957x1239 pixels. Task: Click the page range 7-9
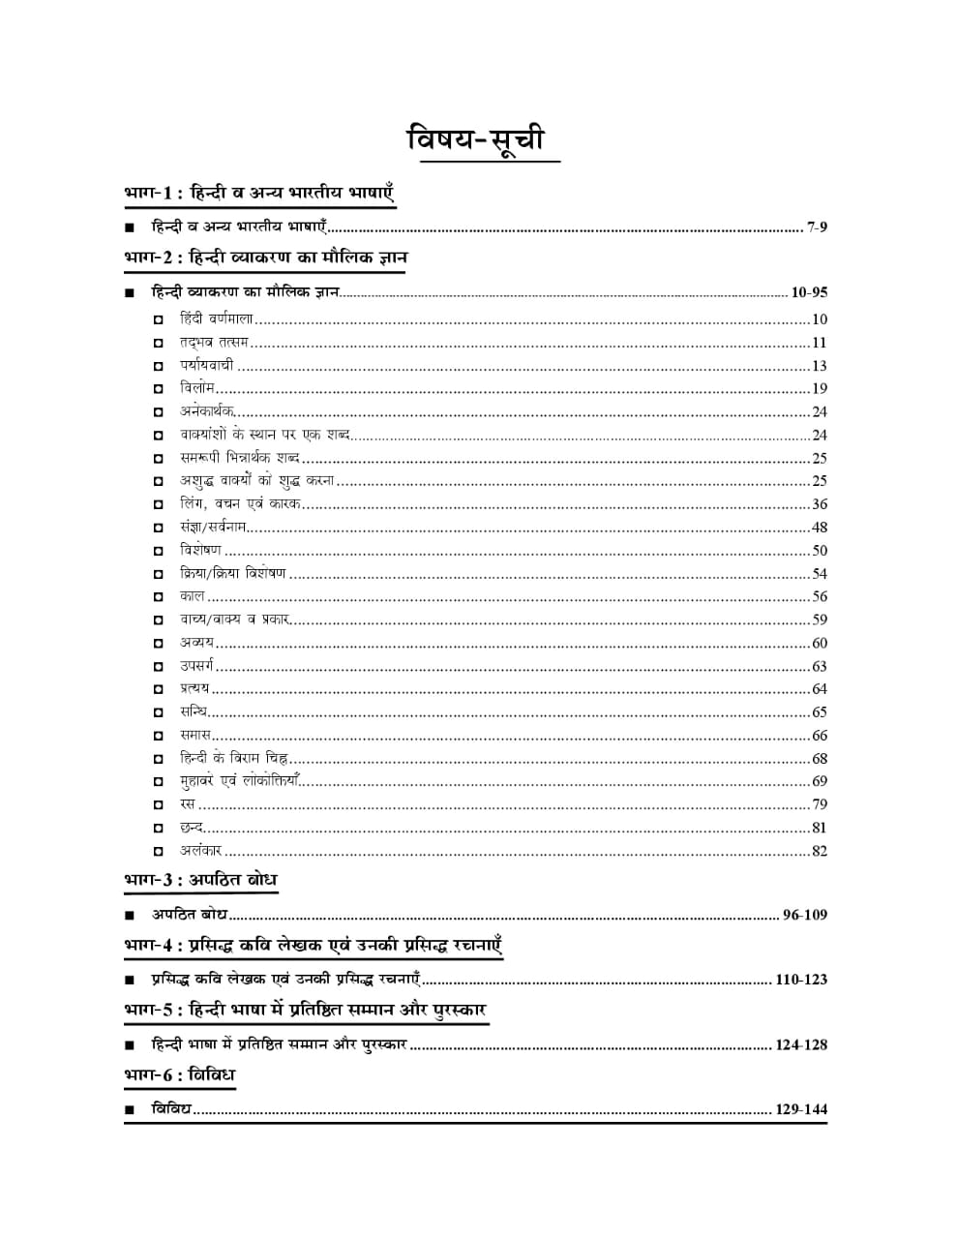coord(817,227)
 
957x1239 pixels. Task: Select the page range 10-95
coord(809,292)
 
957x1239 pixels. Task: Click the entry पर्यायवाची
coord(206,366)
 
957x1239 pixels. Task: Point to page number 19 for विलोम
coord(820,389)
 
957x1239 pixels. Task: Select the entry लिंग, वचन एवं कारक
coord(241,504)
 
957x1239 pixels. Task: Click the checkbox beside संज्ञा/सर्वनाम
coord(158,529)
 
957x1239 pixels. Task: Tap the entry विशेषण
coord(200,551)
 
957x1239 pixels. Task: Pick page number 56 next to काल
coord(820,597)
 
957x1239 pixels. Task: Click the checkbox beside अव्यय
coord(158,644)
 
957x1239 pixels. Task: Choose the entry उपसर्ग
coord(196,666)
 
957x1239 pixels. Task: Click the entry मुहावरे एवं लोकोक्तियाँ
coord(240,781)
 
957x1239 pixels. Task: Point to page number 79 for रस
coord(820,804)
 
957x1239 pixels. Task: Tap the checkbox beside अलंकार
coord(158,852)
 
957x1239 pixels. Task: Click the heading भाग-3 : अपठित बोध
coord(201,880)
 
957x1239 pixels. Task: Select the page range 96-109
coord(805,915)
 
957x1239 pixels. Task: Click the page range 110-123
coord(801,980)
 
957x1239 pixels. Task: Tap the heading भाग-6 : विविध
coord(180,1075)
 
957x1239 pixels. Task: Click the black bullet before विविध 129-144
coord(130,1111)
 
